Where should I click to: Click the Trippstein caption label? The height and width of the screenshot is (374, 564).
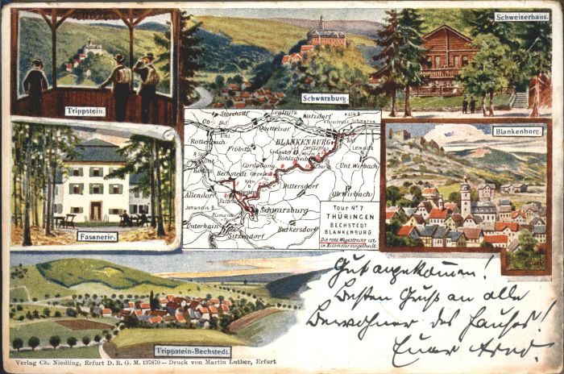(x=85, y=111)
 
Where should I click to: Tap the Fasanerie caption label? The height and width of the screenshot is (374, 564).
(x=97, y=235)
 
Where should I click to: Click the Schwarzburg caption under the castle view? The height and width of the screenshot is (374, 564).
(x=324, y=98)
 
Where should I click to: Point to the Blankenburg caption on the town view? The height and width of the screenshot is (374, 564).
(x=517, y=131)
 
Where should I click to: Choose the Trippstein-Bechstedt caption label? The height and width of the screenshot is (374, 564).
(x=191, y=351)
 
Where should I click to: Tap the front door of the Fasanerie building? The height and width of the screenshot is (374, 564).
(x=95, y=211)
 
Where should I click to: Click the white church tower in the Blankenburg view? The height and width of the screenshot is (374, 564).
(x=467, y=193)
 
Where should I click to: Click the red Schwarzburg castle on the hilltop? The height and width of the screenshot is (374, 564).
(x=326, y=35)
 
